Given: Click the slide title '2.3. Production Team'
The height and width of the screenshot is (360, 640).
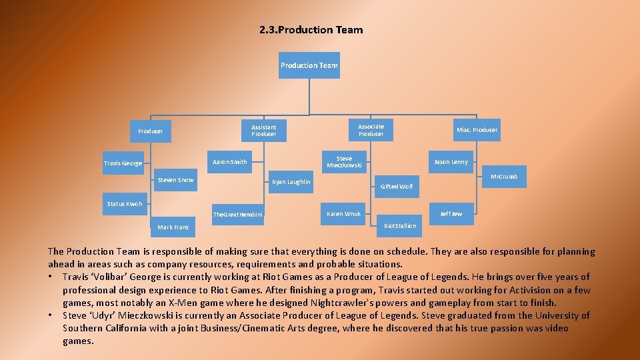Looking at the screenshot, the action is click(311, 30).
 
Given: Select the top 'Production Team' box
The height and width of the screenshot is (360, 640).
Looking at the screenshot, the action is click(309, 65).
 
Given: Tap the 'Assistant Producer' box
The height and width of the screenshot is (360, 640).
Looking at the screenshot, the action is click(263, 130).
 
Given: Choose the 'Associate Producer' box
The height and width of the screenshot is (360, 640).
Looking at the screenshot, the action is click(371, 130).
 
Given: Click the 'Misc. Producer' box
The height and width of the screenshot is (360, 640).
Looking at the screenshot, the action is click(476, 130).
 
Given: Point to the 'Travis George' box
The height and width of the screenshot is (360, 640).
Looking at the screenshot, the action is click(123, 163).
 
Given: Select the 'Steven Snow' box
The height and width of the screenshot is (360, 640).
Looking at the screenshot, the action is click(176, 180).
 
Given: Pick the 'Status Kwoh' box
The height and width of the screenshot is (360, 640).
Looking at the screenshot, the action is click(125, 204).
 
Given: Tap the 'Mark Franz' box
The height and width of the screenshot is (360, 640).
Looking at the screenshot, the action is click(173, 227).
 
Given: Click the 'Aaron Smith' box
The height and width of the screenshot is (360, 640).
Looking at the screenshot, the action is click(229, 162).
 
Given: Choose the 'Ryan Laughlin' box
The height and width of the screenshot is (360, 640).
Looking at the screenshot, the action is click(291, 182).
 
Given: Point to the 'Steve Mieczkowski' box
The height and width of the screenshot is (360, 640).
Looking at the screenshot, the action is click(344, 162).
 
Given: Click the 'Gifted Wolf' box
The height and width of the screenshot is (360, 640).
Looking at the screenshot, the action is click(397, 187).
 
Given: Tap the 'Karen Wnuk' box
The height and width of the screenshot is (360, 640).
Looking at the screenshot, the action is click(343, 214).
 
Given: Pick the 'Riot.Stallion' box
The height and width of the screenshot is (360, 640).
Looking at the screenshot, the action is click(400, 226).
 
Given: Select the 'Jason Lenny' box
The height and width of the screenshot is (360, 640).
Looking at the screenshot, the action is click(451, 162).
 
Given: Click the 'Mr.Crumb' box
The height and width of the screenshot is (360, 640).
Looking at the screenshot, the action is click(503, 177).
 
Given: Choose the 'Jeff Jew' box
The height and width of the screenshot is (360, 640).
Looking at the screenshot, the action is click(451, 214).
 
